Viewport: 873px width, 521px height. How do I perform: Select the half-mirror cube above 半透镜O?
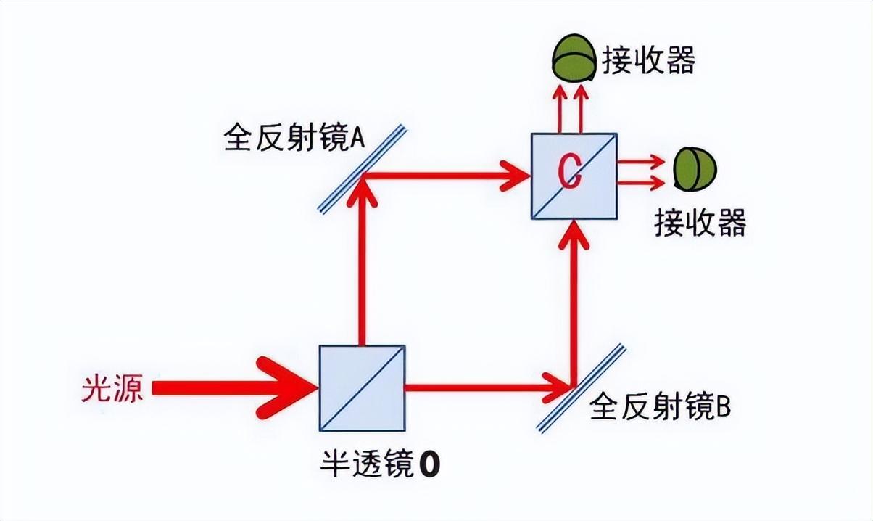click(362, 388)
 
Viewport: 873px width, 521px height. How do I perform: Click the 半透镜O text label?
click(380, 464)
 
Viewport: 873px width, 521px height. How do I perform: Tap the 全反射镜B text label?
click(660, 407)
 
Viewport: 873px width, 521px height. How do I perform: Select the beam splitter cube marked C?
click(574, 176)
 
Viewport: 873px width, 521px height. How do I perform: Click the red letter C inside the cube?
click(570, 174)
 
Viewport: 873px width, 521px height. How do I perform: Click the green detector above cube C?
click(573, 60)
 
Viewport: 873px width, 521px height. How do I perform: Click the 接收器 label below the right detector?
click(699, 222)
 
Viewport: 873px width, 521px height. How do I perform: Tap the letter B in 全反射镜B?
click(723, 407)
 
